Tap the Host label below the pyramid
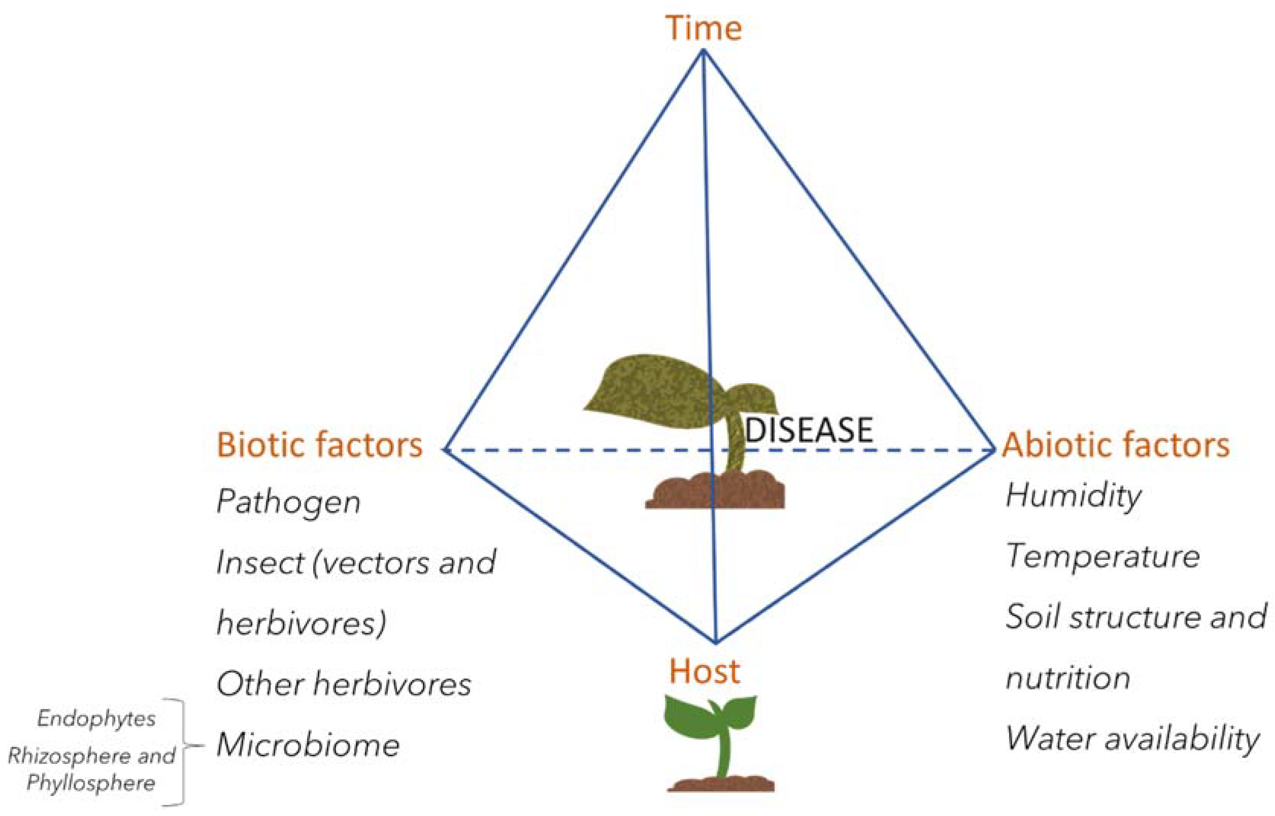click(x=704, y=671)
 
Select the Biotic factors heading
click(x=319, y=445)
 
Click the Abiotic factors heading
click(x=1116, y=445)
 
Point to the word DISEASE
click(x=809, y=430)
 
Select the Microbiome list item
click(x=308, y=744)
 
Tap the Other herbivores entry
click(x=344, y=684)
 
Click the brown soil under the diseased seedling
click(x=715, y=490)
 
